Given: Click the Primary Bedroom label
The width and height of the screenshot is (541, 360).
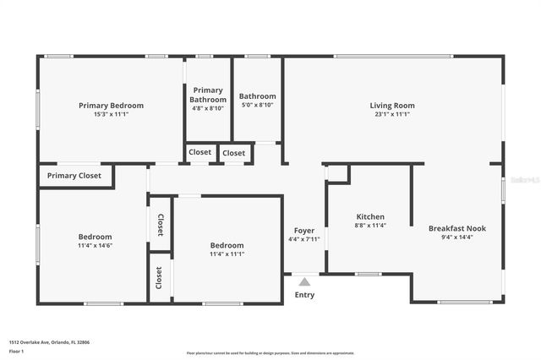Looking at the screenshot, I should (x=111, y=106).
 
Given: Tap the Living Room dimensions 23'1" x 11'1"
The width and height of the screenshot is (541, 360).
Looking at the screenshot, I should (x=392, y=114).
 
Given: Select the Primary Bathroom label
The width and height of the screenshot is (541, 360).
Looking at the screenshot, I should (x=207, y=95).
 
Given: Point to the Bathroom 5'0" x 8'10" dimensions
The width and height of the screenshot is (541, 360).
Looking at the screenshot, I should (x=257, y=105).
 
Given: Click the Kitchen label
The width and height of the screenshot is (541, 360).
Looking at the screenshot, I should (x=370, y=217).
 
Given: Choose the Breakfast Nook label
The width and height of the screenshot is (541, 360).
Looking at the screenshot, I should (x=456, y=228).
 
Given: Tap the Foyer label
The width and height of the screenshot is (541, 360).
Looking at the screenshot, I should (x=303, y=231).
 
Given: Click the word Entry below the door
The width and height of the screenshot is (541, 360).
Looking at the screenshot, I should (x=303, y=295).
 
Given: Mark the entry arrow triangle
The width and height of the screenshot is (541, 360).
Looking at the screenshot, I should (x=303, y=280).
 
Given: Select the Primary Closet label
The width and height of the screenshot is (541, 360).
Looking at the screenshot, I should (x=74, y=176).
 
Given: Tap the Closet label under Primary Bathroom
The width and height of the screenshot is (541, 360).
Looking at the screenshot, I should (x=200, y=153).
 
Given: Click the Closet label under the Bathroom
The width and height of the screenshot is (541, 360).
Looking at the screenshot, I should (x=234, y=153).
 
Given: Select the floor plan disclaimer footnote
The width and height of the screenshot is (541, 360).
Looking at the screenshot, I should (x=270, y=353).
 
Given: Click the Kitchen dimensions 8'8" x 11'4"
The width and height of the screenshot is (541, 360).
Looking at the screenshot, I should (x=370, y=226).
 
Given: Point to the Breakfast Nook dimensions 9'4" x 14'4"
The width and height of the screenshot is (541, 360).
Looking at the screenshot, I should (x=456, y=237).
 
